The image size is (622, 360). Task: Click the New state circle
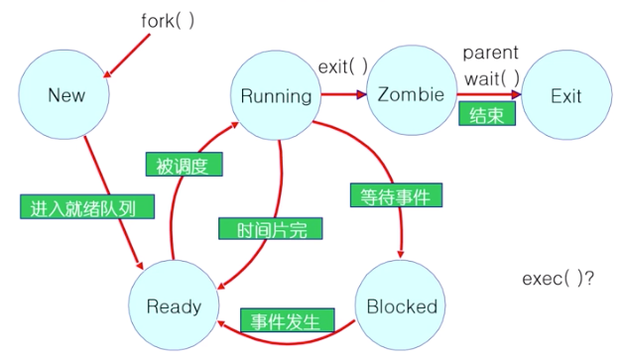coord(63,94)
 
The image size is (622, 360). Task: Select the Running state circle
coord(276,95)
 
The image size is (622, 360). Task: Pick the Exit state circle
coord(566,95)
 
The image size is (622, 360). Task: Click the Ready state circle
coord(174,305)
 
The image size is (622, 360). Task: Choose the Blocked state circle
coord(400,305)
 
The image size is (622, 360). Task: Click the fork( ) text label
coord(168,21)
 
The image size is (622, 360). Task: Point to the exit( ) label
coord(343,66)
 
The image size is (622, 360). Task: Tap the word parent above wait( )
coord(491,54)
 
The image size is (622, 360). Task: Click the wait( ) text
coord(492,78)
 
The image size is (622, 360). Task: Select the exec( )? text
coord(559,279)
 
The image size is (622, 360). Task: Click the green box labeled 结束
coord(487,114)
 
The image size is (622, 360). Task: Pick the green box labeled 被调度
coord(185,165)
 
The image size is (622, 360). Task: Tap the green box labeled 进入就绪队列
coord(87,206)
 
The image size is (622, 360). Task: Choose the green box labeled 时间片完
coord(271,228)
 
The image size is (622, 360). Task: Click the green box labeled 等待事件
coord(396,195)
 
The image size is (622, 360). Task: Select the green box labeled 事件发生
coord(288,320)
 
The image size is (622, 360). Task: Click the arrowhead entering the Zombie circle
coord(362,94)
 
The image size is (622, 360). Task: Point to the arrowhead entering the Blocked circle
coord(401,254)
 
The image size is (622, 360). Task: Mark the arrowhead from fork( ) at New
coord(107,73)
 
